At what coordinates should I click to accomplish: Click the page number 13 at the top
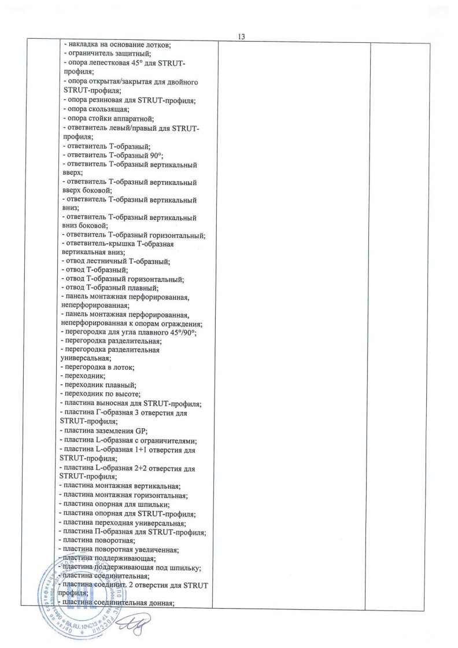click(x=242, y=37)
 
